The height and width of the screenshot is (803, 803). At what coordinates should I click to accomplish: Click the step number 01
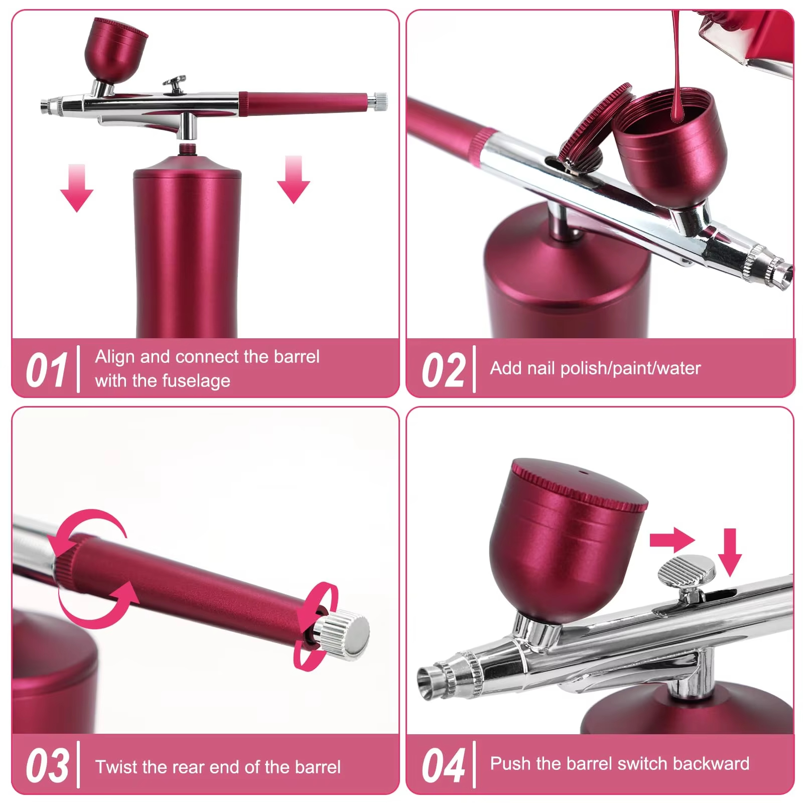click(x=46, y=370)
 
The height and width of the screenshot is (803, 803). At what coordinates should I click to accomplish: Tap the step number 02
click(x=443, y=370)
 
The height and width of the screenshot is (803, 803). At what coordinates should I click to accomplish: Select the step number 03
click(x=47, y=766)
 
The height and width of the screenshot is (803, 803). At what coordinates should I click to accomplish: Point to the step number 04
click(x=443, y=766)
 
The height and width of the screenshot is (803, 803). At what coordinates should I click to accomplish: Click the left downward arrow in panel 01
click(x=77, y=188)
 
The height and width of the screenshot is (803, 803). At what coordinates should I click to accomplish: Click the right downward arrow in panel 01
click(x=294, y=180)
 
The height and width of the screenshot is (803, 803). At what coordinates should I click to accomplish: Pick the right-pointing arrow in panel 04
click(x=672, y=540)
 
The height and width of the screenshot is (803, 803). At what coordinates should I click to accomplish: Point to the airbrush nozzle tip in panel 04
click(x=429, y=682)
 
